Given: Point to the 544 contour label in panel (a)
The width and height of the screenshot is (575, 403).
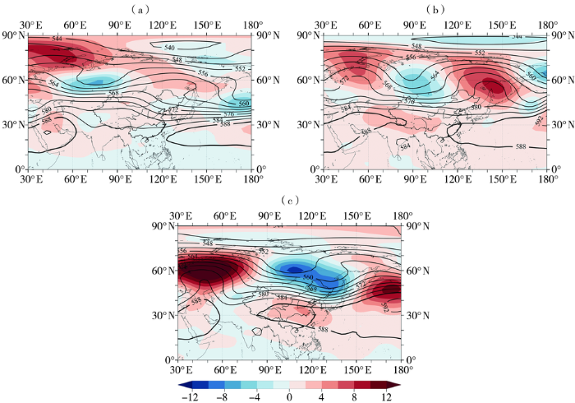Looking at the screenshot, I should coord(57,39).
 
